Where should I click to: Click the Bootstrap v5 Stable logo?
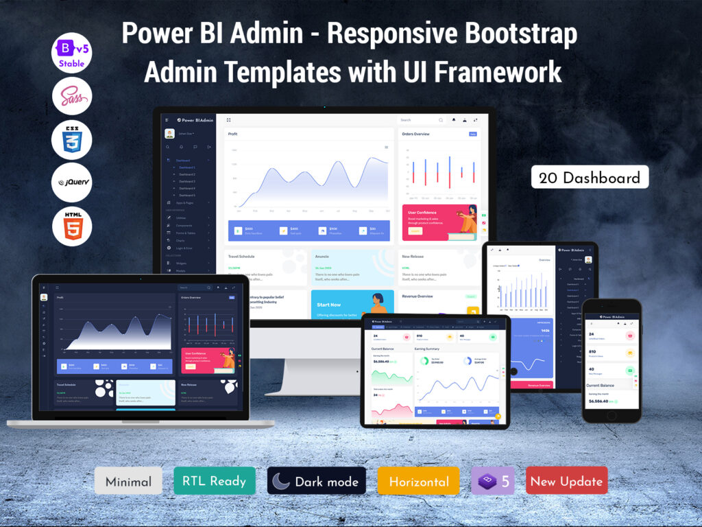pos(72,53)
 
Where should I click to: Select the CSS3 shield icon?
pos(72,140)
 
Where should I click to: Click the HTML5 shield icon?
pos(72,226)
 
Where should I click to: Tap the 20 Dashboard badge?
pos(590,177)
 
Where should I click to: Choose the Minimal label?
pos(128,481)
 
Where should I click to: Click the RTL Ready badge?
pos(215,481)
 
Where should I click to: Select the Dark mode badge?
pos(316,481)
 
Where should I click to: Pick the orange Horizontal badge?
pos(418,481)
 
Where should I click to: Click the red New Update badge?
pos(566,481)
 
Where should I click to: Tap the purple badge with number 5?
pos(492,481)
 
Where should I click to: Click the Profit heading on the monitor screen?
pos(233,134)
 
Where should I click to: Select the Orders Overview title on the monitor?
pos(416,134)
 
